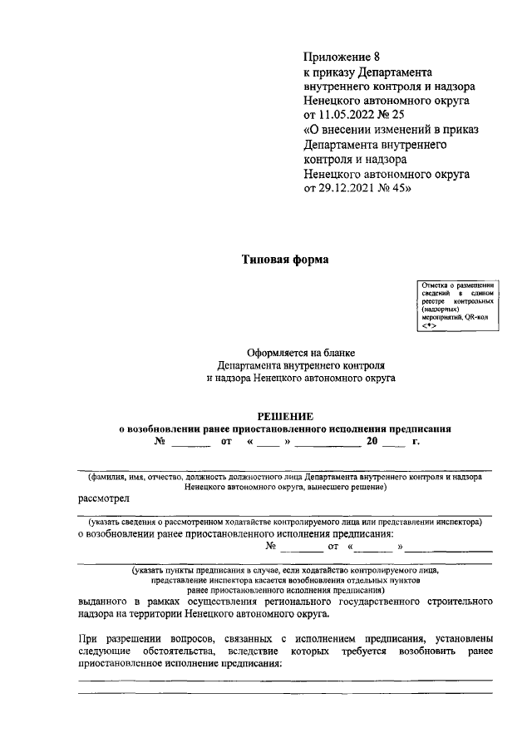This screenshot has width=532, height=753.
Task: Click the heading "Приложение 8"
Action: [x=342, y=57]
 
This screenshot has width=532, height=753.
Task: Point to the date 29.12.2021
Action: [x=347, y=189]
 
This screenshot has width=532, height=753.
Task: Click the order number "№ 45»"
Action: [x=396, y=189]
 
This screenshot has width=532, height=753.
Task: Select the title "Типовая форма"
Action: [x=285, y=260]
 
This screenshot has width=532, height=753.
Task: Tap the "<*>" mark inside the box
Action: [x=429, y=325]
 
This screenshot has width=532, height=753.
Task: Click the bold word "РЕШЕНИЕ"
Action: [x=284, y=416]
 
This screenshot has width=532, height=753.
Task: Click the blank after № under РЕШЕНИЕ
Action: [x=190, y=443]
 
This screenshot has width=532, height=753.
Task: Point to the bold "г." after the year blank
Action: [x=415, y=442]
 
